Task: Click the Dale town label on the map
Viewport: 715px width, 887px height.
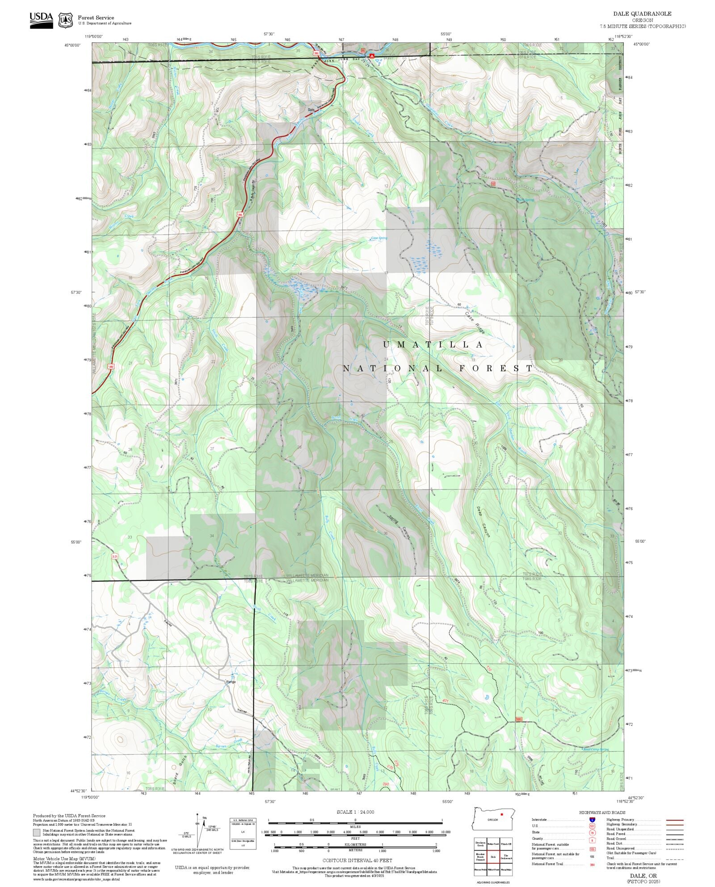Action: (x=311, y=109)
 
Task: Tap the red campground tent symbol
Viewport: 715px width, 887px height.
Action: (x=371, y=56)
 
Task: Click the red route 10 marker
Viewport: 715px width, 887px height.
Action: (x=493, y=184)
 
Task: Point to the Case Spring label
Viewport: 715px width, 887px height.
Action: (x=379, y=238)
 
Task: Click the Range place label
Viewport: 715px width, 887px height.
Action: (x=231, y=682)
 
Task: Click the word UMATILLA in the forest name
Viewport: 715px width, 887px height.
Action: (x=433, y=345)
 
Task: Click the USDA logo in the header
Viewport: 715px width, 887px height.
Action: (x=41, y=20)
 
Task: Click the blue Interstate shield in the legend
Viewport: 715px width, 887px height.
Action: (x=592, y=820)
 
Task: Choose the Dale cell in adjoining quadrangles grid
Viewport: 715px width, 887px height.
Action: (x=493, y=857)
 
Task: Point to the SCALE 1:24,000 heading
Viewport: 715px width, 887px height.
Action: (x=355, y=812)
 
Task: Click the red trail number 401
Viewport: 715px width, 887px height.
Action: (x=445, y=701)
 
